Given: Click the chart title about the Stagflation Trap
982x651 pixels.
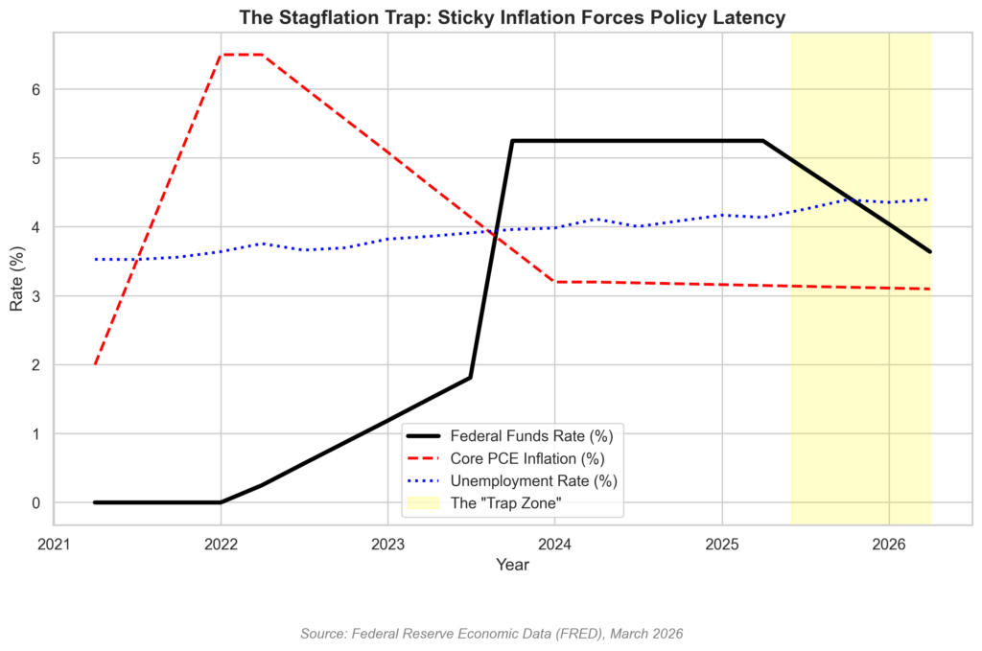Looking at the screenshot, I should (512, 17).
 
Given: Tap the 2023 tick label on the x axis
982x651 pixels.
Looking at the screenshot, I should (387, 544).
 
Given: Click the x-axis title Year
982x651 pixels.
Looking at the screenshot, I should (512, 566).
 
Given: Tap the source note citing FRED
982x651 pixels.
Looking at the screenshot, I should (491, 634).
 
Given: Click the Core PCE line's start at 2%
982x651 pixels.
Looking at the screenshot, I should (95, 364).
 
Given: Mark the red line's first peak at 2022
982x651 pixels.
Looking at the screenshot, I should (221, 55).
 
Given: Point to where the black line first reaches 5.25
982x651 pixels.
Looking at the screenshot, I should (513, 141).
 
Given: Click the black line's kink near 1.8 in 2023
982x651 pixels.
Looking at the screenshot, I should (471, 377).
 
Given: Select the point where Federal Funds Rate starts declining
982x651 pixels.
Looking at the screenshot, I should (763, 141).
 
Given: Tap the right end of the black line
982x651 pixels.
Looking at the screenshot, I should (930, 252).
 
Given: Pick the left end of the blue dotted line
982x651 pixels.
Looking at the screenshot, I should (95, 259).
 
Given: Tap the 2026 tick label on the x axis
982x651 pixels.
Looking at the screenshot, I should (889, 544).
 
